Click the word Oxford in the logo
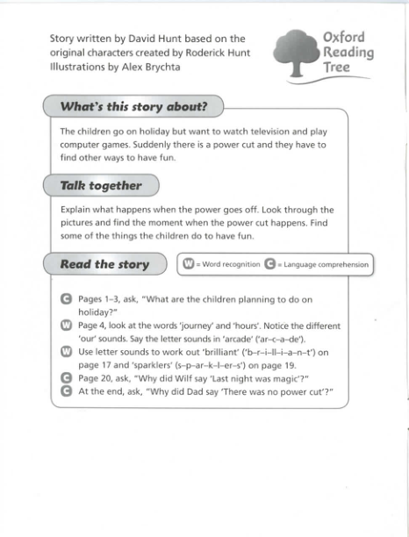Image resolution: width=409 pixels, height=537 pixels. (x=345, y=37)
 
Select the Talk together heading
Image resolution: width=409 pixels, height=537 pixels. (x=101, y=185)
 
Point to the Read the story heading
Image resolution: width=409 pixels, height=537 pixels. (x=104, y=264)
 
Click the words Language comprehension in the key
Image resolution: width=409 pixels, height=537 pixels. (x=326, y=264)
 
